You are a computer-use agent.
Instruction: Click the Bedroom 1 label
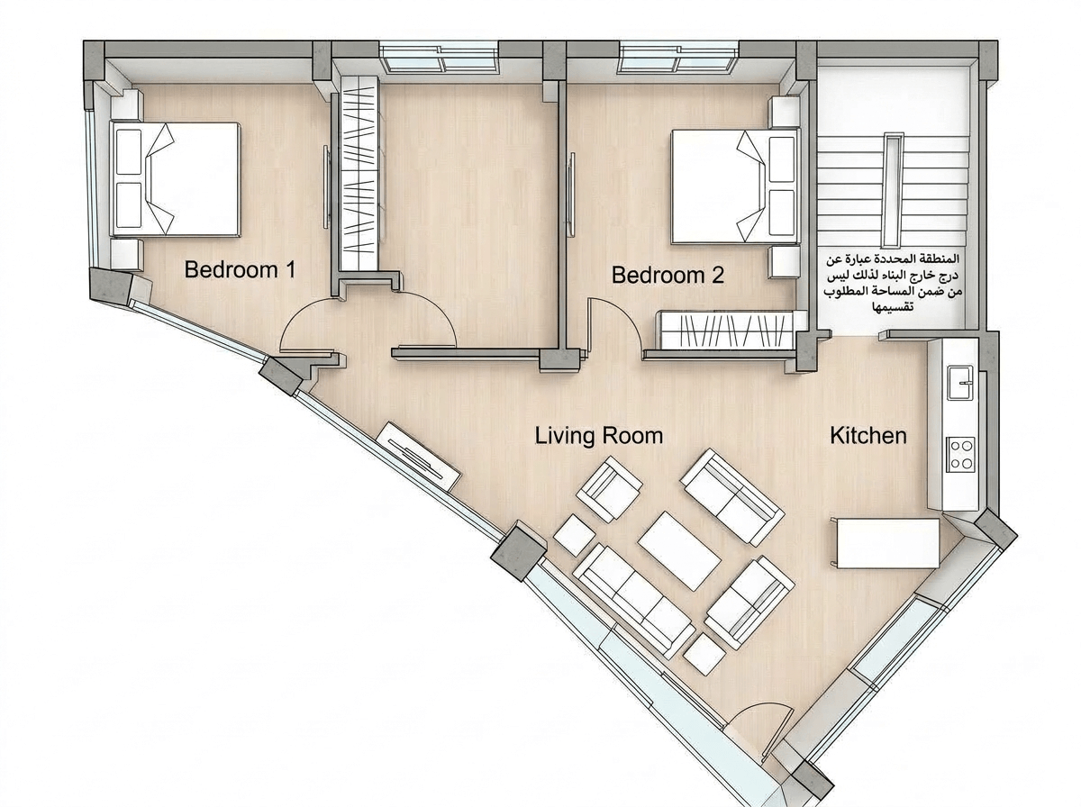[240, 270]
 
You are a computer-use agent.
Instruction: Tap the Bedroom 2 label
[668, 275]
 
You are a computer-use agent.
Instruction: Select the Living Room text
[599, 436]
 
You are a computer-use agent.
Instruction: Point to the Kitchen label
[868, 436]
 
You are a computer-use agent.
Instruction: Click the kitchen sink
[960, 383]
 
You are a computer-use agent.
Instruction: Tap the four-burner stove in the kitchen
[961, 455]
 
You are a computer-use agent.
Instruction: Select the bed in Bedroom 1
[177, 179]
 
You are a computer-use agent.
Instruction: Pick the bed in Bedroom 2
[734, 186]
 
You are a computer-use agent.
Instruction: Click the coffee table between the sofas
[679, 550]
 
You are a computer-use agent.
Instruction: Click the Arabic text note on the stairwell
[894, 283]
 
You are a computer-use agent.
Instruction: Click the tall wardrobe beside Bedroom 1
[359, 173]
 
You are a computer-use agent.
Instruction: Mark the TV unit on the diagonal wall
[418, 456]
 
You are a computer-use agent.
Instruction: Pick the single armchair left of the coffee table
[609, 489]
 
